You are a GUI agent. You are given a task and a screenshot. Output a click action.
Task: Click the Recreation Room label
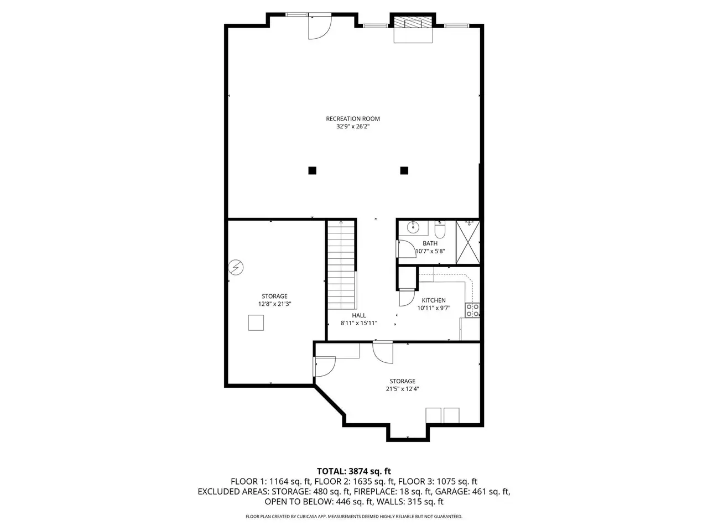(353, 118)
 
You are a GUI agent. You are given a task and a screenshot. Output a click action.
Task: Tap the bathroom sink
(413, 228)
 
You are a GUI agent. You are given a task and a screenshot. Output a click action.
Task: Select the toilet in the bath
(440, 229)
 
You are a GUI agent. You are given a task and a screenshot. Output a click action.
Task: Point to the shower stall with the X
(468, 242)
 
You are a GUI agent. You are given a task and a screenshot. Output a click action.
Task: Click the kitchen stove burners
(472, 310)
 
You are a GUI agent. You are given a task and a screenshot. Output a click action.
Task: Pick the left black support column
(312, 170)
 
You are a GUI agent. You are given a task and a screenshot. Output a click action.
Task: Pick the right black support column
(404, 170)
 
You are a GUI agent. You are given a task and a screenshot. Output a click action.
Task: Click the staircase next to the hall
(342, 265)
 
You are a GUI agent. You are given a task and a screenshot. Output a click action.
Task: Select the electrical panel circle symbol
(236, 267)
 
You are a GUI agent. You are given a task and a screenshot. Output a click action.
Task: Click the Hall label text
(359, 315)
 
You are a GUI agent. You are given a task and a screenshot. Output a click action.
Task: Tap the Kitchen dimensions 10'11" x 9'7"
(434, 308)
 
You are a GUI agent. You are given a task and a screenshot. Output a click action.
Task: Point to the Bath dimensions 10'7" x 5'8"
(430, 251)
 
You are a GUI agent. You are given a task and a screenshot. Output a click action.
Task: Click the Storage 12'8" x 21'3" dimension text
(275, 304)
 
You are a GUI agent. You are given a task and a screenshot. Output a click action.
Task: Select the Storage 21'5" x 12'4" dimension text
(403, 389)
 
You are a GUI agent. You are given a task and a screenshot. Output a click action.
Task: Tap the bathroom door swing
(407, 249)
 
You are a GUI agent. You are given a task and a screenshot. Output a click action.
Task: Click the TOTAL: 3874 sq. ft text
(354, 471)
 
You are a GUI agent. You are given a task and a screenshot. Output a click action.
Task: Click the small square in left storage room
(256, 322)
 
